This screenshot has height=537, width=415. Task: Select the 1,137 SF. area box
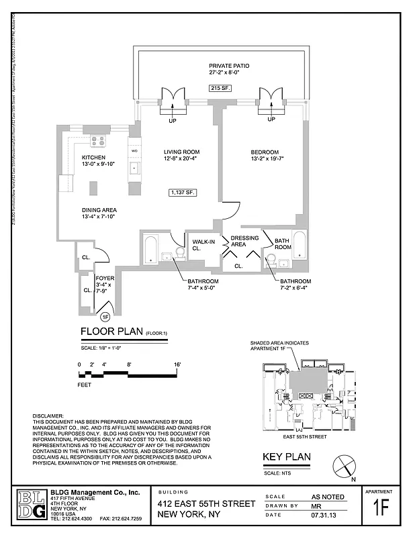point(183,193)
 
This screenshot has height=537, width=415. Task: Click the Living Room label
point(181,152)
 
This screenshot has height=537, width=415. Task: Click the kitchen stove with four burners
point(98,141)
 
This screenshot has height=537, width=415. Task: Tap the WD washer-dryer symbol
point(134,151)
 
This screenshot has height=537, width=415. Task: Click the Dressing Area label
point(244,242)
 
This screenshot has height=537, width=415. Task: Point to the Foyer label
point(105,277)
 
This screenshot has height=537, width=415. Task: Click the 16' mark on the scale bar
point(177,364)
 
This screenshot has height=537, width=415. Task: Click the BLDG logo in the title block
point(32,505)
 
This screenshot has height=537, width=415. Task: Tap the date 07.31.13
point(322,516)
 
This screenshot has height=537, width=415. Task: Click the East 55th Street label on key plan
point(305,436)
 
